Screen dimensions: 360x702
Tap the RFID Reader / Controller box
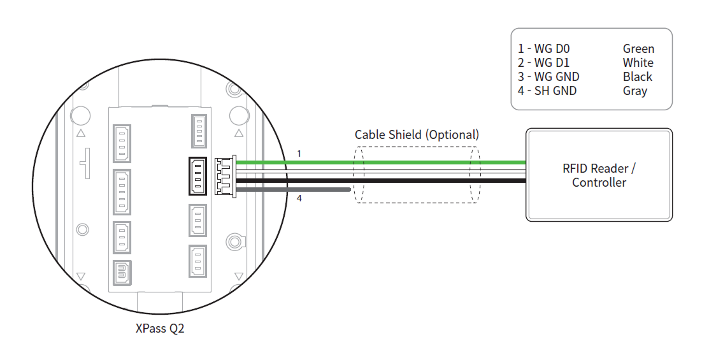(x=599, y=175)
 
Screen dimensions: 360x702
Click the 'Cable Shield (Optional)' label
(x=417, y=134)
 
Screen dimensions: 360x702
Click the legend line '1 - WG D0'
(x=544, y=49)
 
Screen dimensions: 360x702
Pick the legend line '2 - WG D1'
(x=544, y=63)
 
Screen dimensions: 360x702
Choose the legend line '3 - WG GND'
(x=548, y=77)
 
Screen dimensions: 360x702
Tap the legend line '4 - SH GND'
(x=547, y=91)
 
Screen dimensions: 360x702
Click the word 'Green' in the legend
(x=638, y=49)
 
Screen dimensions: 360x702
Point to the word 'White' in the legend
(x=638, y=63)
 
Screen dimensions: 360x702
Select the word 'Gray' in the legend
(x=635, y=91)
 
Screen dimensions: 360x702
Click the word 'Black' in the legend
(x=638, y=77)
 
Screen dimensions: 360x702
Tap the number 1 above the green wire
(x=299, y=154)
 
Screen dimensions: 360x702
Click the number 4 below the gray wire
(x=299, y=198)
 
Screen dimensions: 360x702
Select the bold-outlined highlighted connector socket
(x=198, y=176)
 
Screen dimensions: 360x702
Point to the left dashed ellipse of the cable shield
(x=358, y=175)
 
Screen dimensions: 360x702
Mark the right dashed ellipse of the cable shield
(x=475, y=175)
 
